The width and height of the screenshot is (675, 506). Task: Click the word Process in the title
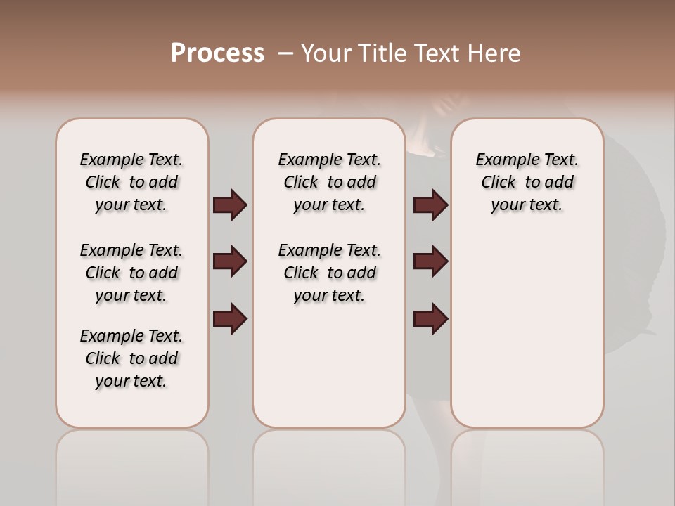pos(217,53)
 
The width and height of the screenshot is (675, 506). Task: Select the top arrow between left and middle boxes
pos(230,205)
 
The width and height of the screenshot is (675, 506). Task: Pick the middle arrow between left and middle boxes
pos(230,261)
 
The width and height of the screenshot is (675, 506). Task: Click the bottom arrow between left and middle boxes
pos(230,318)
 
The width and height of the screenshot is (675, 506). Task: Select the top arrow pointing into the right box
pos(430,205)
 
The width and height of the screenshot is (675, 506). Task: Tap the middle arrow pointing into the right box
pos(430,261)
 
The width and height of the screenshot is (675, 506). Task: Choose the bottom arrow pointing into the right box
pos(430,318)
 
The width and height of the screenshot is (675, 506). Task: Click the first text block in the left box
pos(131,182)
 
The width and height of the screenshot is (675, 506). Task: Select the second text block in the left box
pos(131,273)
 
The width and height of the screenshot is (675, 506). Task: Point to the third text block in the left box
pos(131,358)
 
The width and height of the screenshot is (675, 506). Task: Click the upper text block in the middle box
pos(330,182)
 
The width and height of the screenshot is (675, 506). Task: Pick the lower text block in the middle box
pos(330,273)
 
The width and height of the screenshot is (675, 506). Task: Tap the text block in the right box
pos(527,182)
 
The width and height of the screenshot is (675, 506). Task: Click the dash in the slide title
pos(285,53)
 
